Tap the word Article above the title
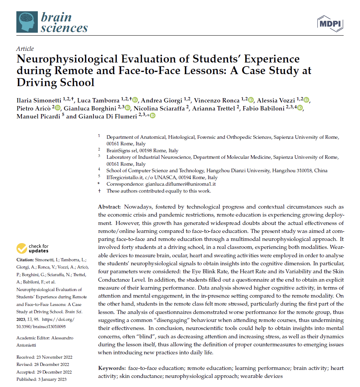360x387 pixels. [25, 49]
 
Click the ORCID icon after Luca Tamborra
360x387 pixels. [135, 100]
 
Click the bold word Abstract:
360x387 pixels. [109, 206]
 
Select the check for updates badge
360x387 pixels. [33, 249]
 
